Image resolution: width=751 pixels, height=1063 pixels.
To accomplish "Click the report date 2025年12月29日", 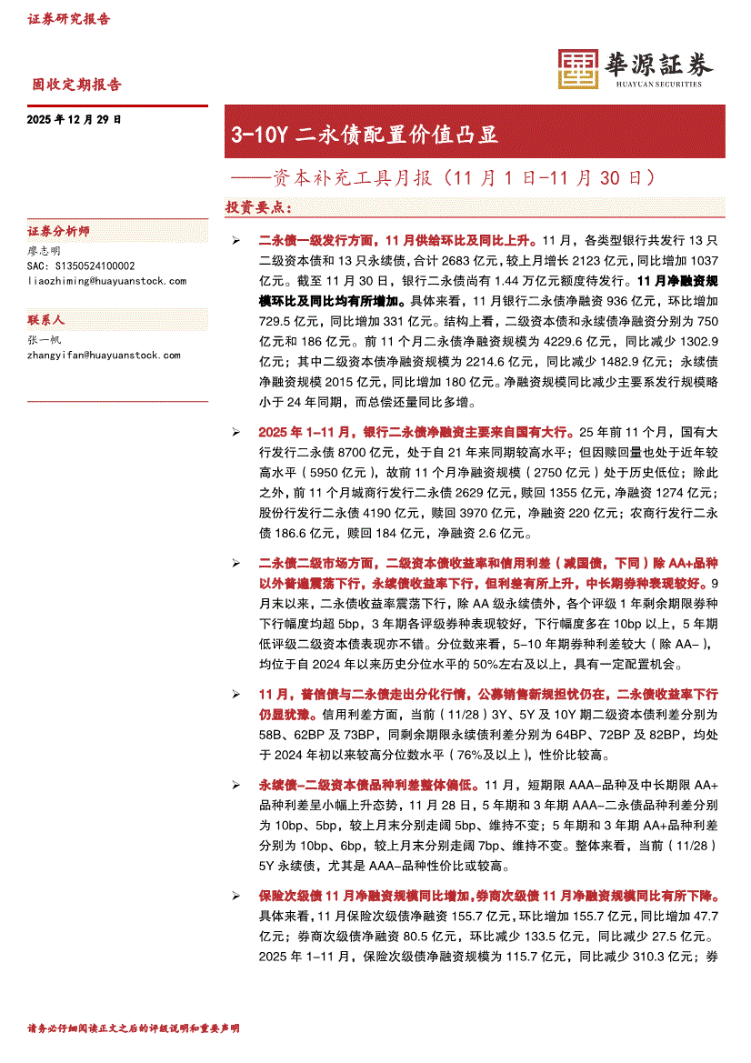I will pos(75,119).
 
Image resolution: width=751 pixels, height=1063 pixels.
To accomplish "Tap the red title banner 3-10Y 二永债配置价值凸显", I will pos(365,135).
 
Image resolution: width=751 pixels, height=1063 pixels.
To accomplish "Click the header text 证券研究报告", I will pos(69,18).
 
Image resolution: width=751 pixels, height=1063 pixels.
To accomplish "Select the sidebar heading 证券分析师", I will pos(59,232).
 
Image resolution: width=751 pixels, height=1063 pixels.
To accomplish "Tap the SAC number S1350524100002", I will pos(81,266).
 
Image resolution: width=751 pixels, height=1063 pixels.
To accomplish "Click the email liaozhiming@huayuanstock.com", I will pos(107,281).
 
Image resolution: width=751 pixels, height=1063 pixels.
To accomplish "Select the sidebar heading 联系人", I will pos(47,321).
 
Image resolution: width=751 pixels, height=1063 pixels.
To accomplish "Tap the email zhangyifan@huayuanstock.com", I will pos(105,356).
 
